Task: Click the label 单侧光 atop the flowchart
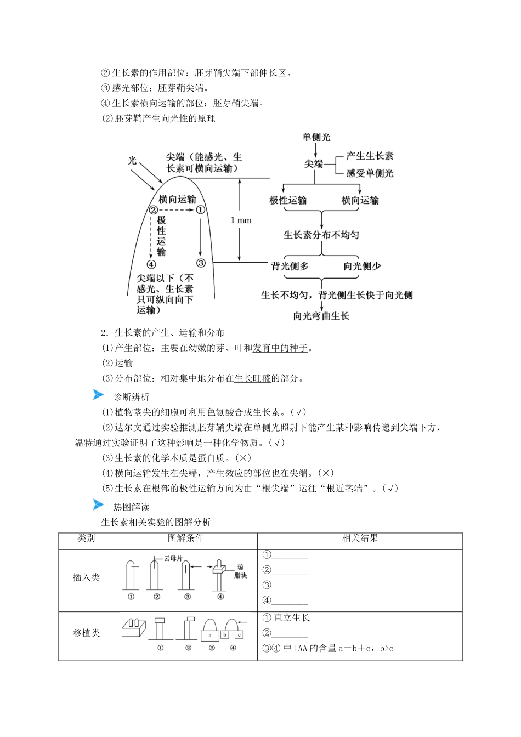[x=316, y=137]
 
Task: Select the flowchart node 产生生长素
[x=369, y=156]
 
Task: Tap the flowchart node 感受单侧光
[x=369, y=173]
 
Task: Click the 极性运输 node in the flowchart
[x=288, y=200]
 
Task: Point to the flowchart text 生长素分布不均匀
[x=321, y=235]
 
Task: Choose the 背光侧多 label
[x=290, y=266]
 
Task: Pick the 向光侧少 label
[x=362, y=266]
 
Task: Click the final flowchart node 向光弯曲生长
[x=321, y=316]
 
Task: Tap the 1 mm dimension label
[x=241, y=220]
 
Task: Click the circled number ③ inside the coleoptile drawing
[x=201, y=263]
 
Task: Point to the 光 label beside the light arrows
[x=132, y=160]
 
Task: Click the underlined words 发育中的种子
[x=280, y=348]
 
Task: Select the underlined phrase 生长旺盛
[x=252, y=378]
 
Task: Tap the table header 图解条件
[x=185, y=538]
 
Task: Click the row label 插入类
[x=86, y=577]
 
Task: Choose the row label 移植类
[x=86, y=633]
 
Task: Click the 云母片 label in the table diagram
[x=173, y=558]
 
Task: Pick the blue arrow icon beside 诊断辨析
[x=98, y=395]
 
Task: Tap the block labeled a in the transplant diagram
[x=210, y=636]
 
